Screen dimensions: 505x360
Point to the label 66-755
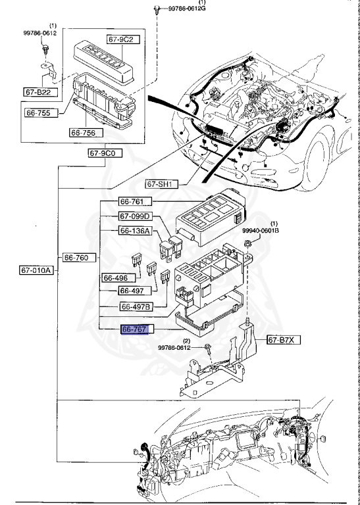pyautogui.click(x=41, y=113)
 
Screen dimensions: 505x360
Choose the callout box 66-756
pyautogui.click(x=85, y=133)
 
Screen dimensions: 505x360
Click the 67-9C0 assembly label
pyautogui.click(x=103, y=153)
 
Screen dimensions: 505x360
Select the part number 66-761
pyautogui.click(x=136, y=201)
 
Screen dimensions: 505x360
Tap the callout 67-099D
pyautogui.click(x=136, y=216)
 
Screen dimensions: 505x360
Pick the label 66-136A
pyautogui.click(x=136, y=231)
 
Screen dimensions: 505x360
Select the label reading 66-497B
pyautogui.click(x=136, y=306)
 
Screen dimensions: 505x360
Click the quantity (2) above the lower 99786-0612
pyautogui.click(x=186, y=340)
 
